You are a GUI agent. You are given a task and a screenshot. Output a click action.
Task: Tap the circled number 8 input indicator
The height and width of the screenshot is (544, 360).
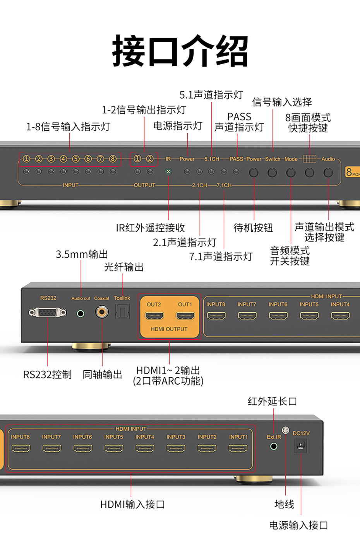(x=113, y=159)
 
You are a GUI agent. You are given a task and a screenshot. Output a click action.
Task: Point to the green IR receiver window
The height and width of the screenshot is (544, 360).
(x=168, y=171)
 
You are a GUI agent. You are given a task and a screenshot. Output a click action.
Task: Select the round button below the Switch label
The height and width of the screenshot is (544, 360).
(x=272, y=173)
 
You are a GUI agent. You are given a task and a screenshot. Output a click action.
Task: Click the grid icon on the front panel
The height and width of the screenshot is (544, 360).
(x=309, y=159)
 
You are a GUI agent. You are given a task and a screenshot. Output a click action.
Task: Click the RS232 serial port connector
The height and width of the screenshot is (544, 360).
(x=48, y=312)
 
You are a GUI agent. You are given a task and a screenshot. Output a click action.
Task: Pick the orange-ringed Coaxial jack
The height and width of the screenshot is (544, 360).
(x=102, y=311)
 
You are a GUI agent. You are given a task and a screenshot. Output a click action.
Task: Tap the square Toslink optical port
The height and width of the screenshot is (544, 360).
(x=123, y=311)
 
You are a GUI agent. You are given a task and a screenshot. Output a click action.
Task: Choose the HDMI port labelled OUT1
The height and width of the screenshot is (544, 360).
(x=185, y=316)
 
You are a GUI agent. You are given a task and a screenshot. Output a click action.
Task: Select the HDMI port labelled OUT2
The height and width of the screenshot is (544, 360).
(x=154, y=316)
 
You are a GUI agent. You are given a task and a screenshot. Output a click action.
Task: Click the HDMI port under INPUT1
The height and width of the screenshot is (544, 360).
(x=238, y=448)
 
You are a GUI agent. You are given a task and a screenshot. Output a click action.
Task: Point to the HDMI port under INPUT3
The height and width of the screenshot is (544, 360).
(x=176, y=448)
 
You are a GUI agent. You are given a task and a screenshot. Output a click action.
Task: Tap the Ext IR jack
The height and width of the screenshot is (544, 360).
(x=274, y=446)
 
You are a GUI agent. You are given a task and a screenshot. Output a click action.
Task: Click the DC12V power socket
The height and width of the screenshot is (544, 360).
(x=301, y=446)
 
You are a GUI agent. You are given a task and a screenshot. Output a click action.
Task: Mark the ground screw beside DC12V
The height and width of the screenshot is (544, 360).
(x=286, y=430)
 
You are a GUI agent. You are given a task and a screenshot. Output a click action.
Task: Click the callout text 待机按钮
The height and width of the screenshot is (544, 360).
(x=253, y=228)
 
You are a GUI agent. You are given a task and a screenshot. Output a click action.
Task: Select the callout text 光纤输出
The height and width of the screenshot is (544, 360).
(x=124, y=267)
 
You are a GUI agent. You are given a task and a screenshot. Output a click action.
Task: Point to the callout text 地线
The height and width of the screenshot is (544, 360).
(x=284, y=504)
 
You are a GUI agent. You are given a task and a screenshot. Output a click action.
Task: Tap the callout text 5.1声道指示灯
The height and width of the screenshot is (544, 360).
(x=211, y=95)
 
